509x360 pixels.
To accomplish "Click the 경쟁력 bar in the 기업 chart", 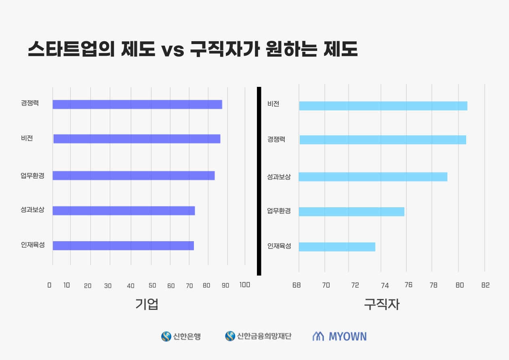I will click(x=137, y=104).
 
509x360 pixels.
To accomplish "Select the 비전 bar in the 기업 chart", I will click(x=137, y=139).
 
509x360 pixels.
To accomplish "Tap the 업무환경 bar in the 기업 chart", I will click(x=133, y=176).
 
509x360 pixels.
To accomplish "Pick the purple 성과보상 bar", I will click(x=124, y=211).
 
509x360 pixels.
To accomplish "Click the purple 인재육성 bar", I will click(x=123, y=246).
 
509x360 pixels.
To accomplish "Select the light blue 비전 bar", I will click(x=383, y=106).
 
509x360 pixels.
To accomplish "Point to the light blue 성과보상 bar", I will click(x=373, y=177).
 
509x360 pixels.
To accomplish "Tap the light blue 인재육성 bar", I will click(x=337, y=247).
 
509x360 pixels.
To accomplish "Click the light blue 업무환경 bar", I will click(x=351, y=212).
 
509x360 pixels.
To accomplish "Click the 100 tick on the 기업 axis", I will click(x=245, y=285).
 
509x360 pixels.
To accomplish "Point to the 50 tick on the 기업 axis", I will click(x=152, y=285).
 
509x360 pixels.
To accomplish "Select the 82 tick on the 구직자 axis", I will click(x=486, y=285).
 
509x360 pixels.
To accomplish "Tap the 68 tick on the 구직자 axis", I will click(x=297, y=285).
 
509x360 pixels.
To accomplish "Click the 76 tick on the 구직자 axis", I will click(x=408, y=285).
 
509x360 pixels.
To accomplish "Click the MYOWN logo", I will click(x=339, y=336).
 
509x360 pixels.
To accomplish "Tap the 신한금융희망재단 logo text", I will click(x=264, y=336).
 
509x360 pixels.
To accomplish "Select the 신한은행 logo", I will click(x=181, y=336).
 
